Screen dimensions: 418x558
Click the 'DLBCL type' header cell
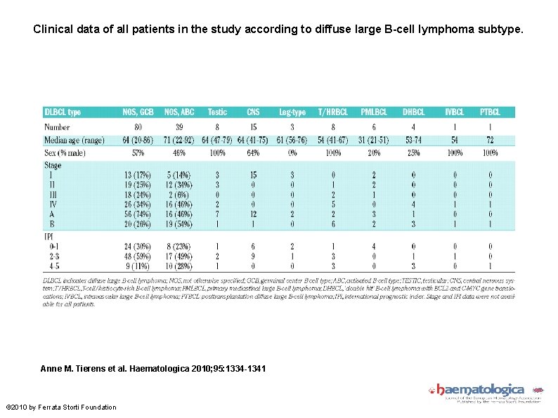pyautogui.click(x=63, y=112)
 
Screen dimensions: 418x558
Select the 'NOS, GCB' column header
pyautogui.click(x=139, y=112)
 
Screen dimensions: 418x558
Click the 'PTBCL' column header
pyautogui.click(x=490, y=112)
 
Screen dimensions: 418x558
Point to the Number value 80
pyautogui.click(x=139, y=127)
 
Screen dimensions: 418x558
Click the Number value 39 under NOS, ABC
pyautogui.click(x=180, y=127)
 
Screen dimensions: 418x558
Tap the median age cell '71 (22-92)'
pyautogui.click(x=180, y=140)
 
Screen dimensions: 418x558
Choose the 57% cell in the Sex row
pyautogui.click(x=139, y=152)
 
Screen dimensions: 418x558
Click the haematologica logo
pyautogui.click(x=480, y=391)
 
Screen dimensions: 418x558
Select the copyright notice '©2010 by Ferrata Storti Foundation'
pyautogui.click(x=61, y=407)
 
